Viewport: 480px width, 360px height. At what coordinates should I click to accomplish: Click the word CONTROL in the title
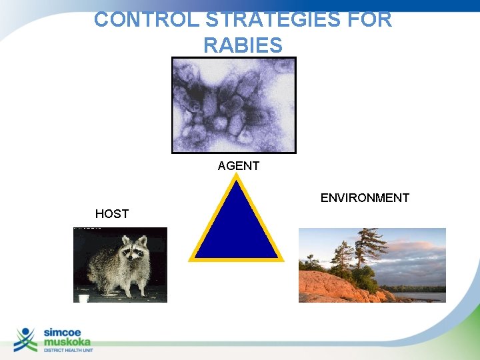(137, 19)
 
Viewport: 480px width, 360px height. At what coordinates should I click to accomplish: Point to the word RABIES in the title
(243, 45)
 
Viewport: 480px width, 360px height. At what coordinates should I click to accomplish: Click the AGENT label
(238, 166)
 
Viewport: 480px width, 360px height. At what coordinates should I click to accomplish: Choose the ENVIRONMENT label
(365, 198)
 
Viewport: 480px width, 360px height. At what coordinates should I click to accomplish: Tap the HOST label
(111, 214)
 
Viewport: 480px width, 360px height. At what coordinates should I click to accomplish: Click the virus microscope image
(233, 105)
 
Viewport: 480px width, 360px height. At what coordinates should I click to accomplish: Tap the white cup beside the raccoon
(84, 298)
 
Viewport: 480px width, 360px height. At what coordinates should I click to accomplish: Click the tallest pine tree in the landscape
(363, 253)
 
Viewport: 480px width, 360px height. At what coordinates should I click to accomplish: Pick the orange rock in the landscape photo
(333, 287)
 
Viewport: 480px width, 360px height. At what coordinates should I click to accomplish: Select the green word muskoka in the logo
(69, 341)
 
